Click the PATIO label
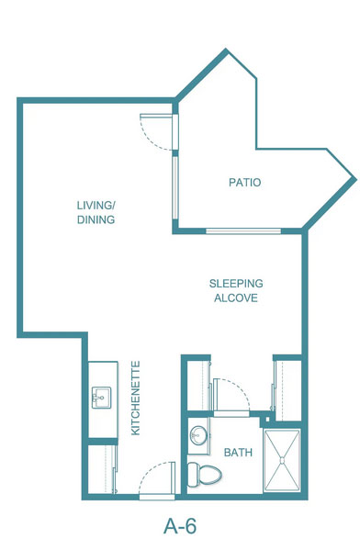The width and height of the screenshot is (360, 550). (x=245, y=183)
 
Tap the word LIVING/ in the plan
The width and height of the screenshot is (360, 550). (x=96, y=205)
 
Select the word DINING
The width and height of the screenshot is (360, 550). (x=96, y=219)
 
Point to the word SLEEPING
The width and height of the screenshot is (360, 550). (x=236, y=284)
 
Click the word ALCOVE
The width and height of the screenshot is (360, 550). (x=236, y=298)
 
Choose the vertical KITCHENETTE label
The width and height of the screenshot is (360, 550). (x=135, y=398)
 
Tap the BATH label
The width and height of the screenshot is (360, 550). (x=238, y=453)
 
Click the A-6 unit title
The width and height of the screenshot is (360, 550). (x=180, y=526)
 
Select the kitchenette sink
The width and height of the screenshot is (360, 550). (x=101, y=398)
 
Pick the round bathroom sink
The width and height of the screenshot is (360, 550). (x=198, y=435)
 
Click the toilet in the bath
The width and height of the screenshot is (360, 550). (x=205, y=474)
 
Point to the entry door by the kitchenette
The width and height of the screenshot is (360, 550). (x=157, y=497)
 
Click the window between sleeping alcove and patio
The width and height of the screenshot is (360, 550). (x=243, y=230)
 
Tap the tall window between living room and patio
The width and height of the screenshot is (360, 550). (x=175, y=188)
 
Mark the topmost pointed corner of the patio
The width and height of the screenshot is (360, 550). (x=226, y=50)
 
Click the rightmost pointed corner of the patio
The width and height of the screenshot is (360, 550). (x=355, y=179)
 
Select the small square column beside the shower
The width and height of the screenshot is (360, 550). (x=268, y=419)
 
